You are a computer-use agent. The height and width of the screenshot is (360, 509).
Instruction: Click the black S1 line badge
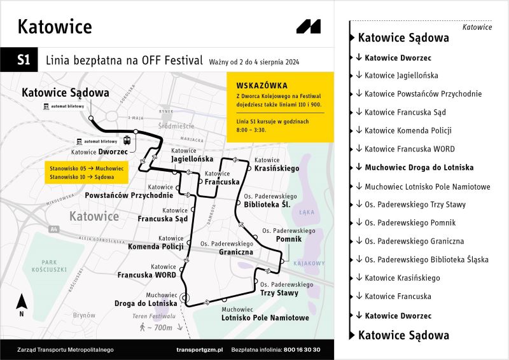coord(24,60)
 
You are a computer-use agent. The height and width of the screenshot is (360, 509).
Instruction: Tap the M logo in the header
coord(309,27)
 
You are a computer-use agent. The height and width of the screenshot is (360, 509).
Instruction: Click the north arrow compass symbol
coord(22,303)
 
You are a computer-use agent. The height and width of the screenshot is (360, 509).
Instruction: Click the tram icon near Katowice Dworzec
coord(127,141)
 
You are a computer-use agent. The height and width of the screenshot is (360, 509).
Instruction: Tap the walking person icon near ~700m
coord(142,328)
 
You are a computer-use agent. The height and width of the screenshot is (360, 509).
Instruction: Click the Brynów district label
coord(83,314)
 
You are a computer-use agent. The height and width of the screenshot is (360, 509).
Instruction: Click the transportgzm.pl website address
coord(199,350)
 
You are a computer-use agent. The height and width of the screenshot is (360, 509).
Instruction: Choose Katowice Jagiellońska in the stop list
coord(401,75)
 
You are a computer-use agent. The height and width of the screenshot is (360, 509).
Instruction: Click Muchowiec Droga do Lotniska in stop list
coord(419,167)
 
